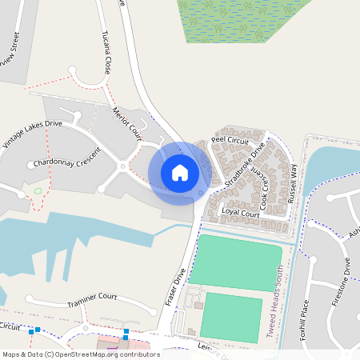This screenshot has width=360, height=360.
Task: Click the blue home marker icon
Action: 180,173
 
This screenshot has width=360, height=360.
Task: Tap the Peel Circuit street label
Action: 230,140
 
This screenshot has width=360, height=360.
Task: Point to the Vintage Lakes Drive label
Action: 32,134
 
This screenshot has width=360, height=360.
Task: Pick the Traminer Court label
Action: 92,300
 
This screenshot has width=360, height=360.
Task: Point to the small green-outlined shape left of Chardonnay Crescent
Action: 38,190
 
